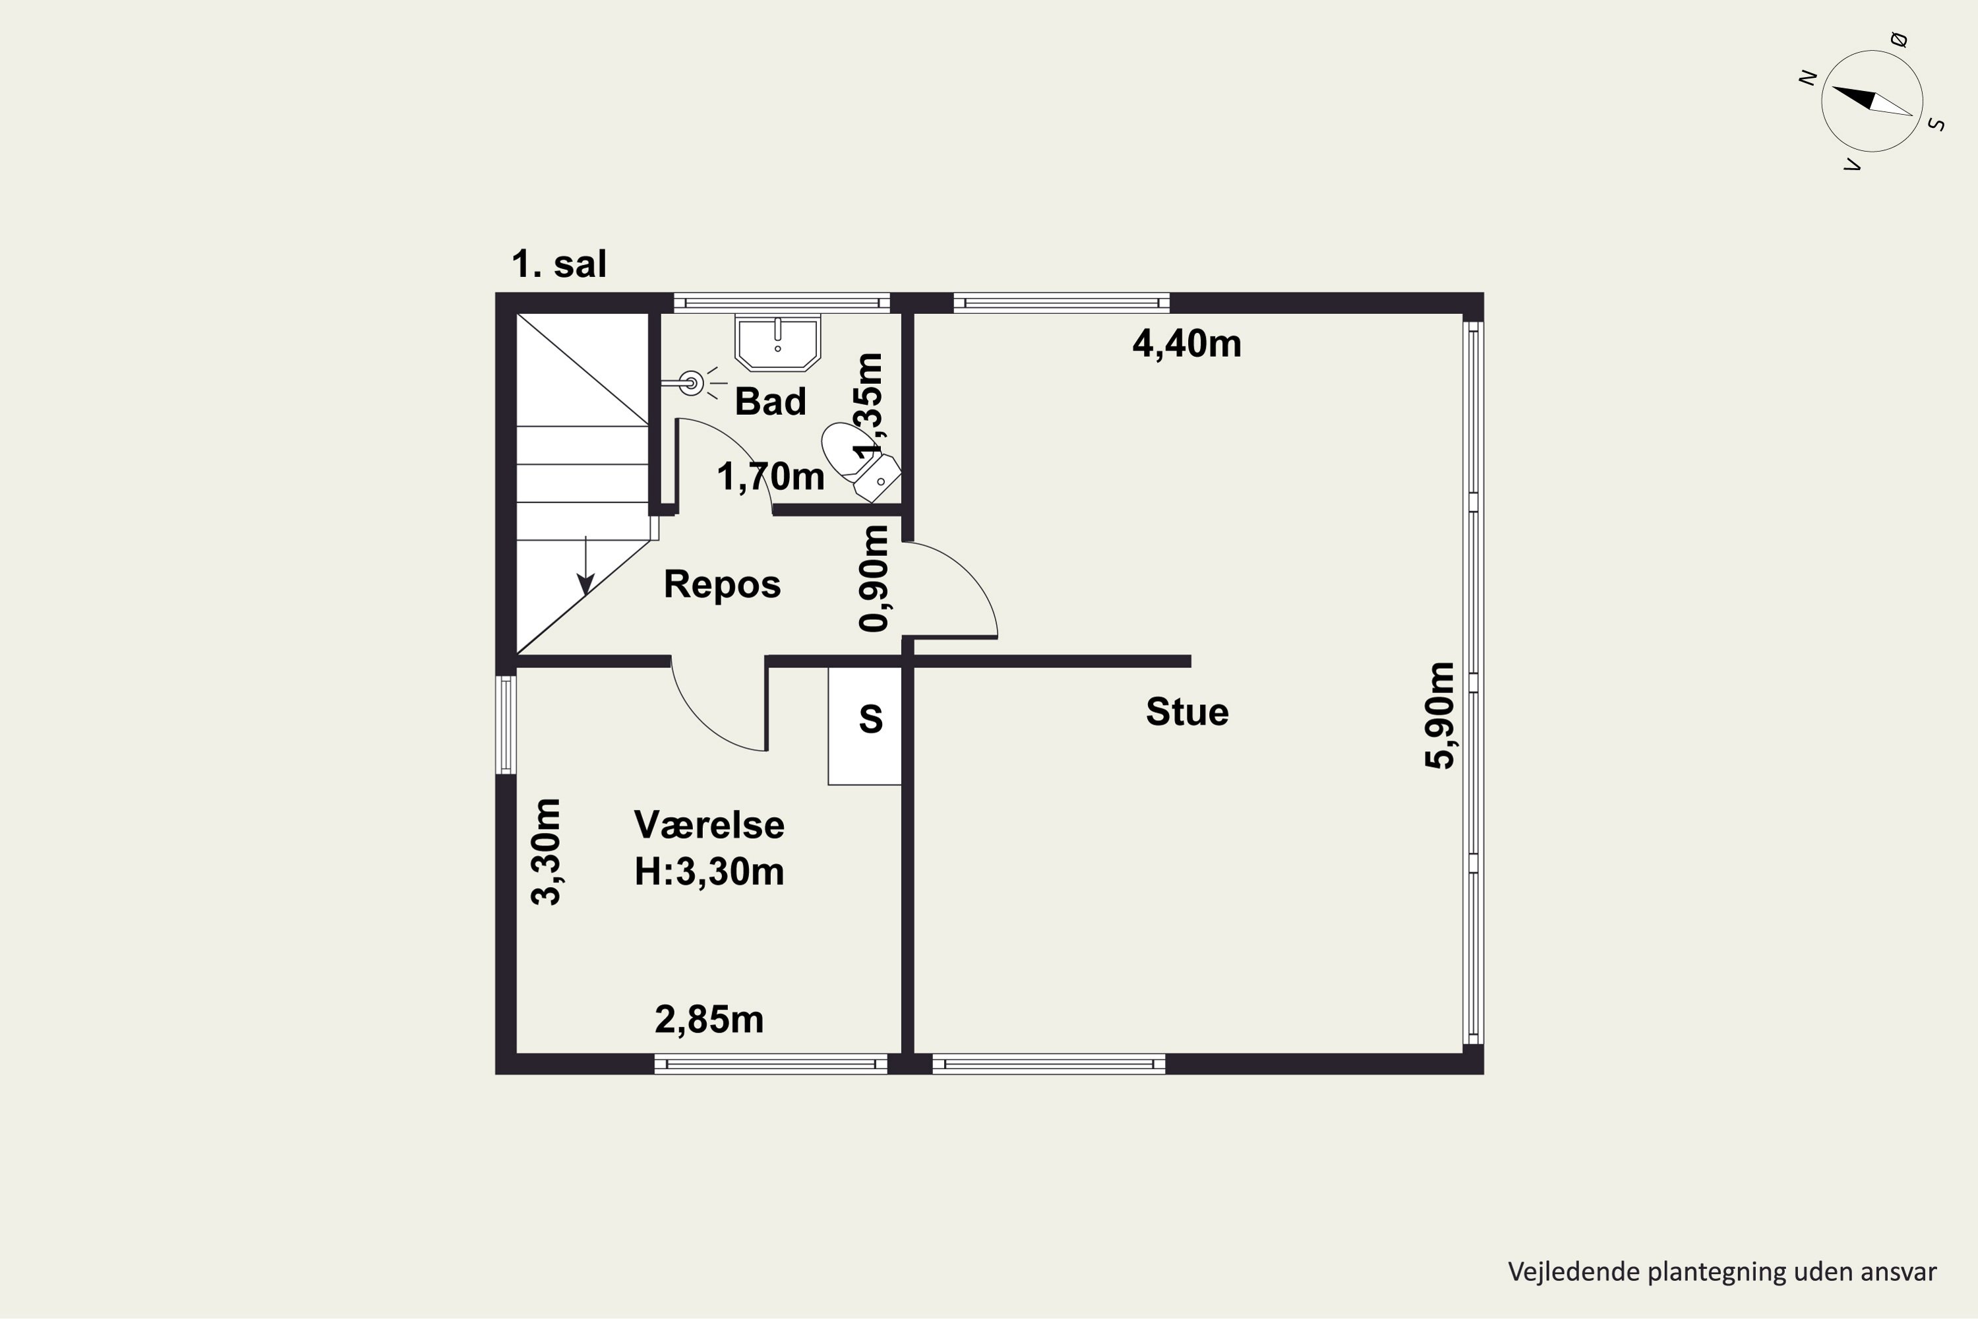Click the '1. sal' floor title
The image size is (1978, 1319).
point(558,264)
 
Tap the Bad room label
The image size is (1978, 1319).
point(770,401)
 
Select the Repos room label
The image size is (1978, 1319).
point(723,584)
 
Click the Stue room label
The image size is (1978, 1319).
point(1187,712)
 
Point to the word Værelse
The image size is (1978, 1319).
point(709,824)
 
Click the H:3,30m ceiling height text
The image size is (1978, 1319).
point(709,871)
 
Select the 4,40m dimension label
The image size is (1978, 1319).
point(1187,343)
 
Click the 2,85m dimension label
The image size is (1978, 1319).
point(709,1020)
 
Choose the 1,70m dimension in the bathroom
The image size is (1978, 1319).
point(770,477)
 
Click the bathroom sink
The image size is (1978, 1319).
point(778,342)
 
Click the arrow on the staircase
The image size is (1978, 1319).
point(585,565)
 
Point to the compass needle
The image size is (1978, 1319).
point(1872,101)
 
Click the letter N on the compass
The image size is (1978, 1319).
point(1808,77)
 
